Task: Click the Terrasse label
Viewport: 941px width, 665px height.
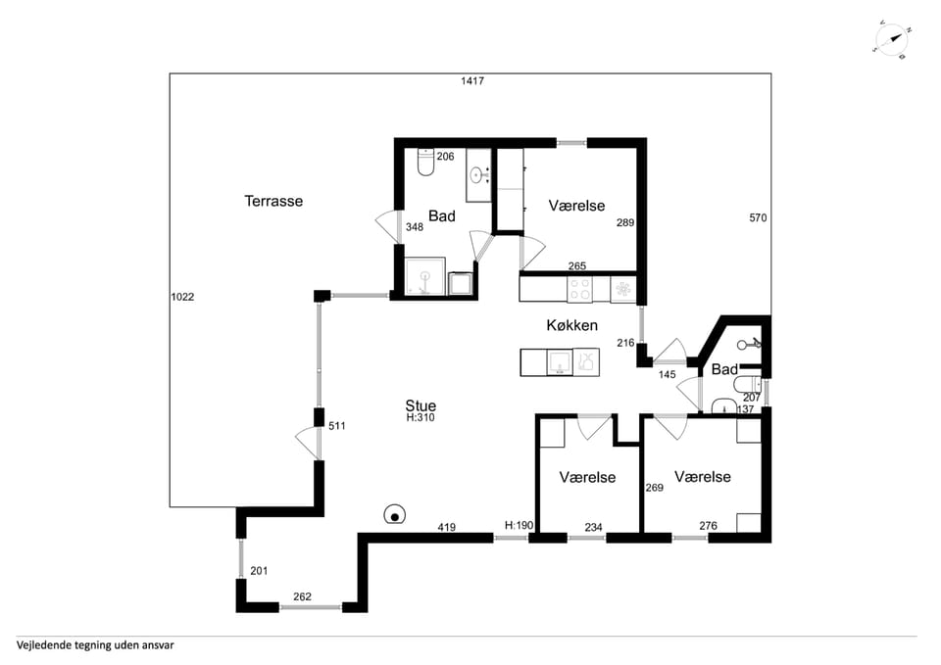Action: (273, 201)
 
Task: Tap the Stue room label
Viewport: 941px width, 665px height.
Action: (421, 405)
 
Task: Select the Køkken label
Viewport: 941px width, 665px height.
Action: (571, 325)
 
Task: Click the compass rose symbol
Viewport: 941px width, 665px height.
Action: (892, 40)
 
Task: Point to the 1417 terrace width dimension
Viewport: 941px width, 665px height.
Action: (472, 81)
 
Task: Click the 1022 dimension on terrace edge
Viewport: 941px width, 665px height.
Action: (182, 297)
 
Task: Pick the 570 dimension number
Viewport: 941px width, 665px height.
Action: (758, 218)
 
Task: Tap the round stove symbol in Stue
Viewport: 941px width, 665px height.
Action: (394, 514)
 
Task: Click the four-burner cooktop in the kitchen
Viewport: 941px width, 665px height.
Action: (579, 288)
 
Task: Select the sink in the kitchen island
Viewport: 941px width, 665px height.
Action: (560, 362)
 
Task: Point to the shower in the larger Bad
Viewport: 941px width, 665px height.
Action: (424, 276)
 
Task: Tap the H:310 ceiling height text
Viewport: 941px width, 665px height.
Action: (421, 418)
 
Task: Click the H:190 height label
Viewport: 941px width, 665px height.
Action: (520, 525)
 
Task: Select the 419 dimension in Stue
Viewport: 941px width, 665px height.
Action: (447, 528)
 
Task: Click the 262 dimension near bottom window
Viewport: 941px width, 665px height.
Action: (303, 596)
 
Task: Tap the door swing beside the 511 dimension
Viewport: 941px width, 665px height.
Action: (307, 443)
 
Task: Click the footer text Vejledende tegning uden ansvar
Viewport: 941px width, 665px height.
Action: (95, 645)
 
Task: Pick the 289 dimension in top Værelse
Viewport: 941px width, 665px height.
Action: (625, 222)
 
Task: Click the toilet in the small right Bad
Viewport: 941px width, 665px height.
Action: (748, 384)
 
